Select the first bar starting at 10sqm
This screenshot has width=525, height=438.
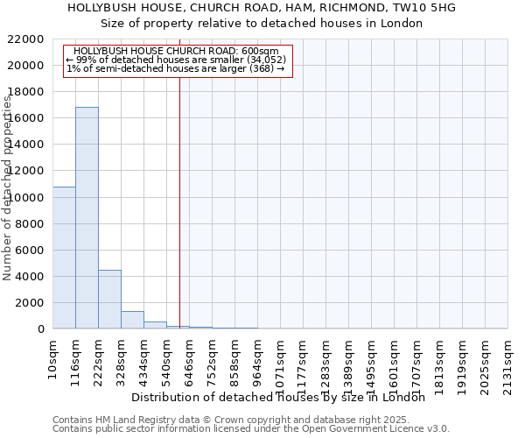64,258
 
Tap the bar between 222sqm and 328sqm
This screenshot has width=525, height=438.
109,299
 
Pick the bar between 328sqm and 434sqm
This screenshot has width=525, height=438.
132,320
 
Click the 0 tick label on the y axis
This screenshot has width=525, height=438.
41,329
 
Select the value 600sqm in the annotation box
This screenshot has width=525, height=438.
261,52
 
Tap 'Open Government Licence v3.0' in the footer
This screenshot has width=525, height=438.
380,428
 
